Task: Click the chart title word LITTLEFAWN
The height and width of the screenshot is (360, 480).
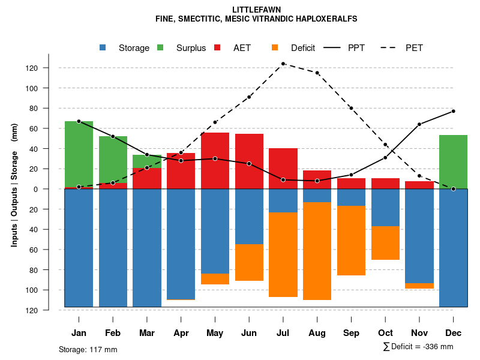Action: pos(256,10)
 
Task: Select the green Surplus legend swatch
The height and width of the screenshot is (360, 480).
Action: pos(161,48)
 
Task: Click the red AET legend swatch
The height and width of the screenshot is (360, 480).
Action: pos(218,48)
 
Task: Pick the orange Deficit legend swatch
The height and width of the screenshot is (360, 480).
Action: pos(275,48)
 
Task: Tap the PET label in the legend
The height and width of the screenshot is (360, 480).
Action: pos(414,48)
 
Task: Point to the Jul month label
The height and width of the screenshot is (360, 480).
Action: pos(283,333)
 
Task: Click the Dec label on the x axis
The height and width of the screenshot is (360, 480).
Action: pos(453,333)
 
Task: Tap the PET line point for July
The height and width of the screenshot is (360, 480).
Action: pos(283,64)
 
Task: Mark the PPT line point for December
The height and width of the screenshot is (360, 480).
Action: pos(453,111)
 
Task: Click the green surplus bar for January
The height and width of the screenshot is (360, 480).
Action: pos(79,154)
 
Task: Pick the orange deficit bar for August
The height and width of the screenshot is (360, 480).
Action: pos(317,251)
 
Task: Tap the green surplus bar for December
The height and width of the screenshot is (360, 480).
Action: pos(453,162)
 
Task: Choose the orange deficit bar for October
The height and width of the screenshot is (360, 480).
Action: pos(385,243)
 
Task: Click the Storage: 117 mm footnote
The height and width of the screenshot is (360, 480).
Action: pos(88,349)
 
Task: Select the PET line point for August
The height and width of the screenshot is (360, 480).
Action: pos(317,73)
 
